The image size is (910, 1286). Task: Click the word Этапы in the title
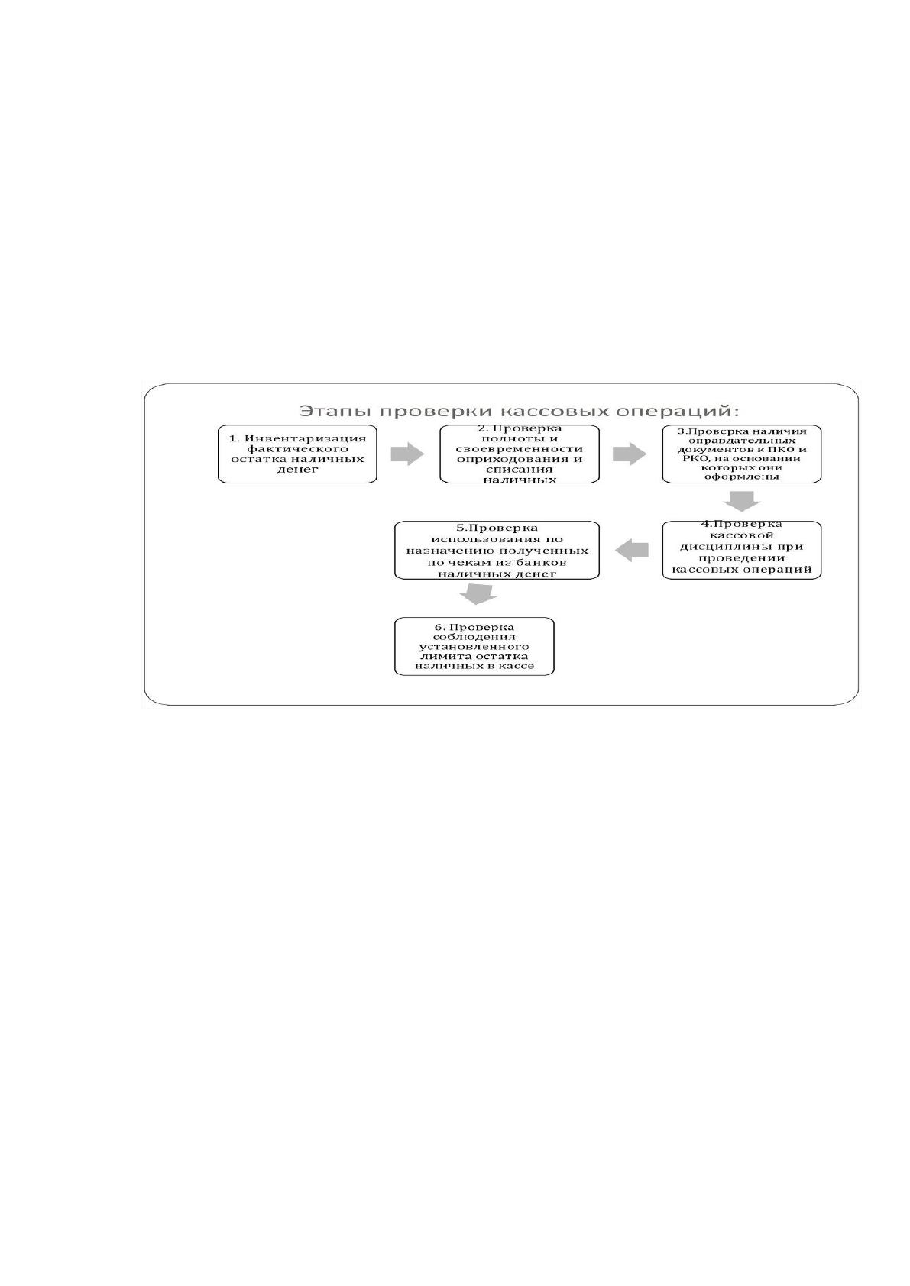point(335,411)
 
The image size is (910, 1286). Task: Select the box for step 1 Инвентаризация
point(297,454)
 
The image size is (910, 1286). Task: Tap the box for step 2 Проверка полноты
point(520,454)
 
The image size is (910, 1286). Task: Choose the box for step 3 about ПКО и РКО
point(742,454)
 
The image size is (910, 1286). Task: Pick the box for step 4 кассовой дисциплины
point(742,550)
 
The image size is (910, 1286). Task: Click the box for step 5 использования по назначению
point(497,550)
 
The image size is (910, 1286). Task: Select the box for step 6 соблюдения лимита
point(474,647)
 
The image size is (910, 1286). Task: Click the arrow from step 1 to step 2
point(407,454)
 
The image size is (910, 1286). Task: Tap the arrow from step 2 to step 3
point(629,454)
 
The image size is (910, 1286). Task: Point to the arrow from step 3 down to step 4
point(742,501)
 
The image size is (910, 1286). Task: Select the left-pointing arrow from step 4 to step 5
point(632,550)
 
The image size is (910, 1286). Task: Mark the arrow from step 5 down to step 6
point(478,594)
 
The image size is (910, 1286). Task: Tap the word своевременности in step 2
point(520,449)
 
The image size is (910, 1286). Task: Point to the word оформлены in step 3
point(742,477)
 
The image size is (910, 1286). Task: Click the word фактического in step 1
point(297,449)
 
